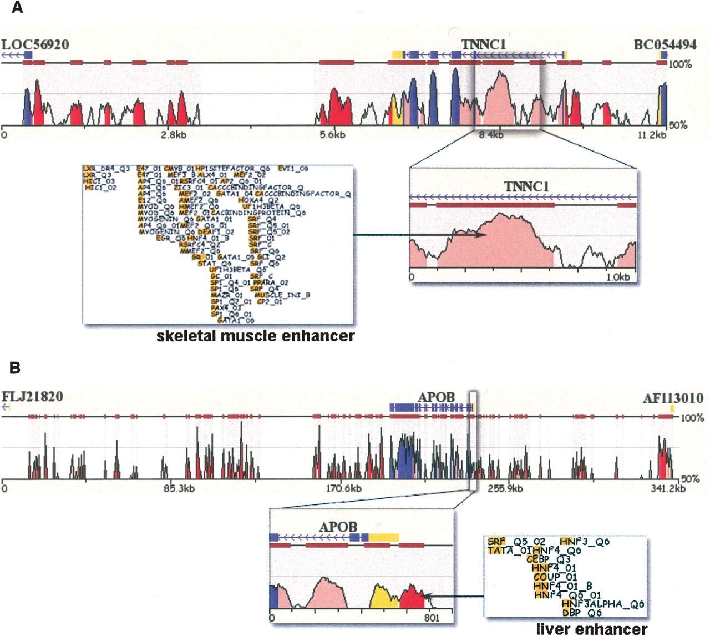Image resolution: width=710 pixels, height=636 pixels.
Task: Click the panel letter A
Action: click(x=17, y=8)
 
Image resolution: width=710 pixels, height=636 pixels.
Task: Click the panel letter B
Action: click(x=15, y=367)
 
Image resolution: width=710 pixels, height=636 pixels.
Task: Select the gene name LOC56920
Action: click(x=35, y=44)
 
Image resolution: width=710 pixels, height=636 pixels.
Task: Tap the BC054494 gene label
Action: click(x=665, y=44)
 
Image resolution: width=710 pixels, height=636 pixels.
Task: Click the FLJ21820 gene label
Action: click(x=32, y=397)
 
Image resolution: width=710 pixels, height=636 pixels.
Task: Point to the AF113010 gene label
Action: click(x=673, y=398)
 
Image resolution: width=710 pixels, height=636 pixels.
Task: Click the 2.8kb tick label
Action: click(x=174, y=135)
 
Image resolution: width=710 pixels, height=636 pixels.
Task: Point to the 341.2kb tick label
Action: click(x=668, y=489)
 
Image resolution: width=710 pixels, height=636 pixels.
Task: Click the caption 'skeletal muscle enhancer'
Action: click(x=255, y=336)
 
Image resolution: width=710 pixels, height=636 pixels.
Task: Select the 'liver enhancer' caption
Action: click(x=591, y=629)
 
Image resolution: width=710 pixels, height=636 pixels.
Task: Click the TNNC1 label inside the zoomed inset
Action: click(x=526, y=186)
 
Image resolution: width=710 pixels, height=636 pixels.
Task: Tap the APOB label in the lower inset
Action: click(x=338, y=526)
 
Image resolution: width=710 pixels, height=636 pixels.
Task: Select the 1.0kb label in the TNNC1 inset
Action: click(x=617, y=277)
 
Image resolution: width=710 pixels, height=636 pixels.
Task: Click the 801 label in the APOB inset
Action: click(x=432, y=618)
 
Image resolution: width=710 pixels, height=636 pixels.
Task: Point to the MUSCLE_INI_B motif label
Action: click(x=282, y=295)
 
